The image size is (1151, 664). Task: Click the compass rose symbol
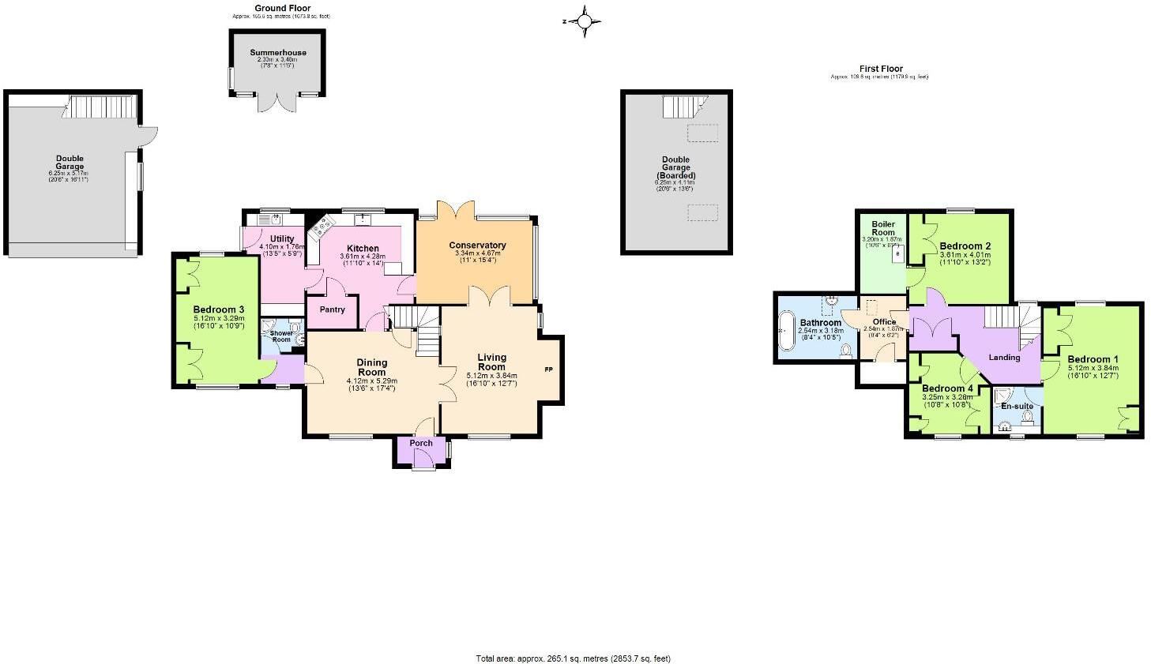[x=585, y=21]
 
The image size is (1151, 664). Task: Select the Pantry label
[x=333, y=309]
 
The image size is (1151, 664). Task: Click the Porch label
[x=421, y=443]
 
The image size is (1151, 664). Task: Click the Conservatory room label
[x=477, y=246]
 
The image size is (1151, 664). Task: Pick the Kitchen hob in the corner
[x=321, y=230]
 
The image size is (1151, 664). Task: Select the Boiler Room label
[x=882, y=228]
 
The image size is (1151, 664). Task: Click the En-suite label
[x=1017, y=407]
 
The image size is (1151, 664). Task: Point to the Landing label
[x=1004, y=358]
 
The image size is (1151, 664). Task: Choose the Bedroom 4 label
[x=947, y=388]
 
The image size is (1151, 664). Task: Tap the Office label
[x=884, y=322]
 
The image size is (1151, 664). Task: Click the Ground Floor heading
[x=282, y=9]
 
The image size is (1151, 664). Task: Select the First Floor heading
[x=881, y=69]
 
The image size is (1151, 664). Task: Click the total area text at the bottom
[x=573, y=658]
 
